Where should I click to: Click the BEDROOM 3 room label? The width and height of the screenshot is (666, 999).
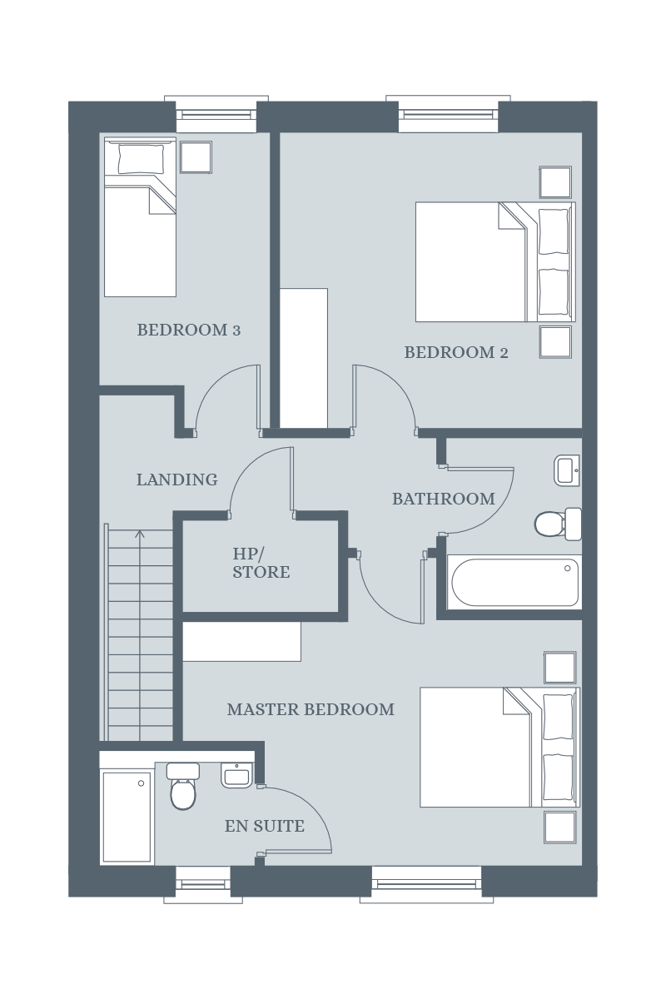coord(189,330)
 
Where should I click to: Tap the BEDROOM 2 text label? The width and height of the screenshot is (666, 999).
coord(456,352)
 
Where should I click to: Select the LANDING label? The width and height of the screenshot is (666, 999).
coord(177,480)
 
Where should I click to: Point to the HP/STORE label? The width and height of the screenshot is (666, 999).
coord(261,563)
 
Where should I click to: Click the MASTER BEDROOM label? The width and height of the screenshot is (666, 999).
coord(311,709)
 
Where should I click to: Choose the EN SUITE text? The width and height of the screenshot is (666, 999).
coord(265,826)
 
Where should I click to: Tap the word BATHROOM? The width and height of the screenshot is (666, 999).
coord(444,499)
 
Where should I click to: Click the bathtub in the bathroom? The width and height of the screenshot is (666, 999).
coord(514,582)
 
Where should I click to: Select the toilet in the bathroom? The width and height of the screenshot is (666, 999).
coord(558,524)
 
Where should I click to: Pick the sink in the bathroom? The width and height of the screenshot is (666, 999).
coord(567,470)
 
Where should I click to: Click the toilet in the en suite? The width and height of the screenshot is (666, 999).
coord(183,786)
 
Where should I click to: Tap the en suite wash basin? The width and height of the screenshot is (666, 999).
coord(237,776)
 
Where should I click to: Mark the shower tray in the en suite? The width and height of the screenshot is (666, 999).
coord(127,817)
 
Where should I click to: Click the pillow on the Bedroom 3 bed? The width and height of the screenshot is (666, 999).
coord(141,159)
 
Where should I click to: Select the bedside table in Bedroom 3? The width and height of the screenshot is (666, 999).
coord(196,157)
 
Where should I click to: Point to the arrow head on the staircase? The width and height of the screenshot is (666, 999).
coord(140,534)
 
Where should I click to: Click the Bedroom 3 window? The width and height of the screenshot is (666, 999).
coord(216,114)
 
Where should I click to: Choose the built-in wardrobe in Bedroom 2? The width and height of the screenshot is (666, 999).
coord(304,358)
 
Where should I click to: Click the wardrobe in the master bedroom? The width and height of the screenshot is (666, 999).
coord(241,642)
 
